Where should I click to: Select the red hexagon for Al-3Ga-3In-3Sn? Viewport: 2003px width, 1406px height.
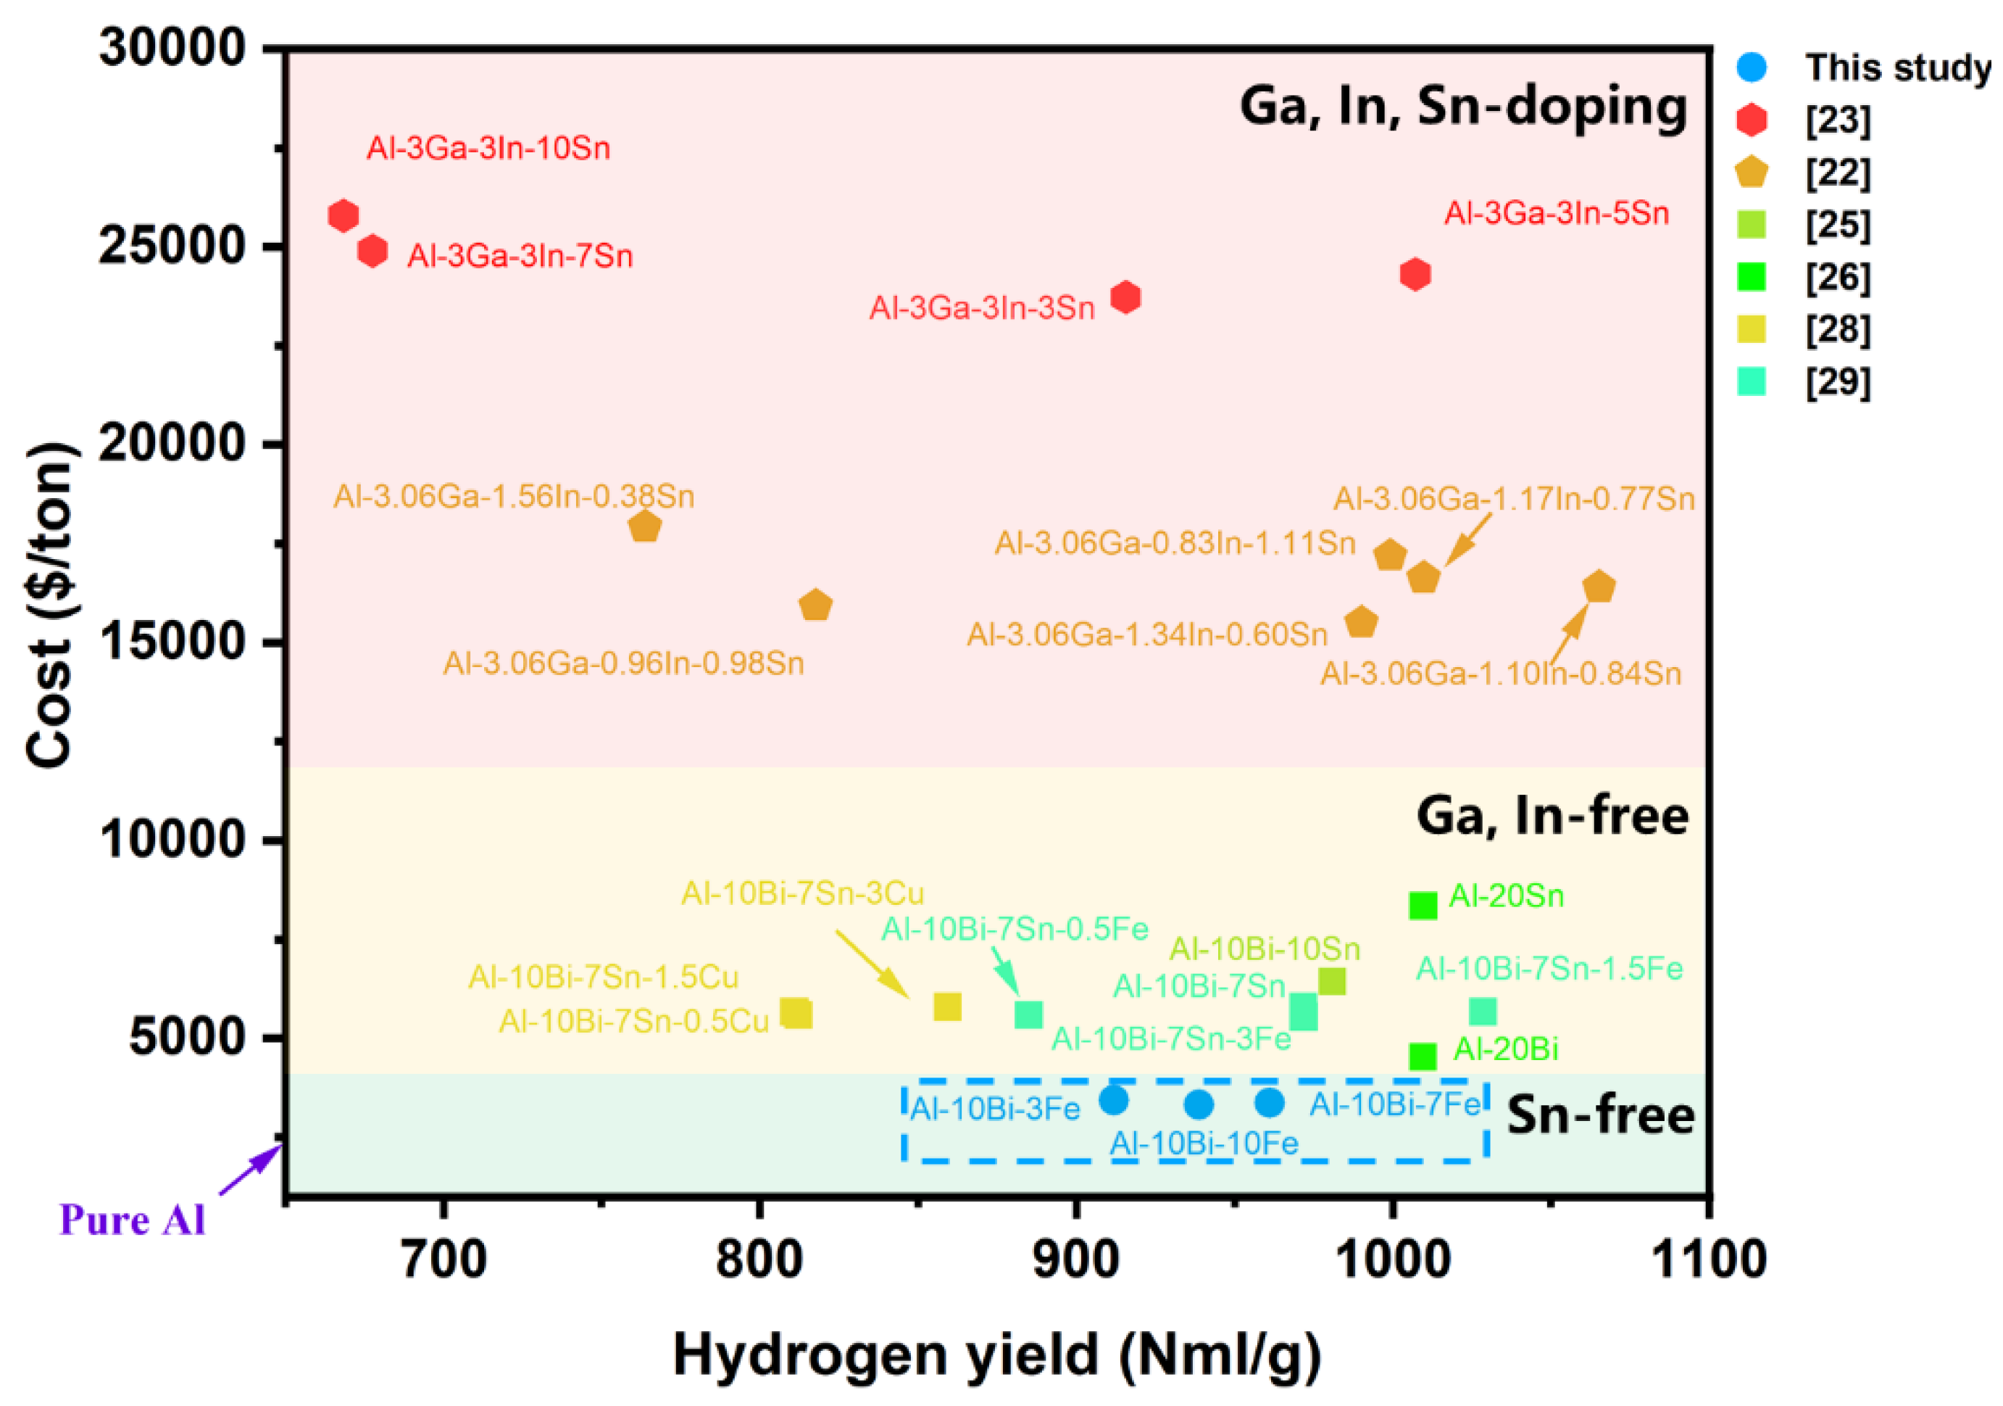point(1125,297)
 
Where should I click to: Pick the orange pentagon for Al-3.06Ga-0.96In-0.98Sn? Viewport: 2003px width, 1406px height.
point(815,604)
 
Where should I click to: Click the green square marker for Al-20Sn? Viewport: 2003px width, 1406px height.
point(1422,905)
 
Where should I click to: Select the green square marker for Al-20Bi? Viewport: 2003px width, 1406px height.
point(1422,1056)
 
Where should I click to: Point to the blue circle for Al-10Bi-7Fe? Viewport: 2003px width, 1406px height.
point(1270,1102)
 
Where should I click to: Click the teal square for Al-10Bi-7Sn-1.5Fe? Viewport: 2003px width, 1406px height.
point(1482,1012)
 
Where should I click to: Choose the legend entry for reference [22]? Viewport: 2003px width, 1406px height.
point(1837,172)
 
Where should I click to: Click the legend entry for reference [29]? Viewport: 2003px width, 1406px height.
point(1837,381)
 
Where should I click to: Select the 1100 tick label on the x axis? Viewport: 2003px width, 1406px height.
point(1708,1260)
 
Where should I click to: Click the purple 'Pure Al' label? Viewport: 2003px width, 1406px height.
point(132,1219)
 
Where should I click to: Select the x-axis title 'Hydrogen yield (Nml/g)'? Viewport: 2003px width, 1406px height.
point(996,1355)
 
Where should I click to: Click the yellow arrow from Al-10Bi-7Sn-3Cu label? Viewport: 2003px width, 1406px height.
point(873,964)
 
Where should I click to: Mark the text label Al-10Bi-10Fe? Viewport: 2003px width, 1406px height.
point(1203,1143)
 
